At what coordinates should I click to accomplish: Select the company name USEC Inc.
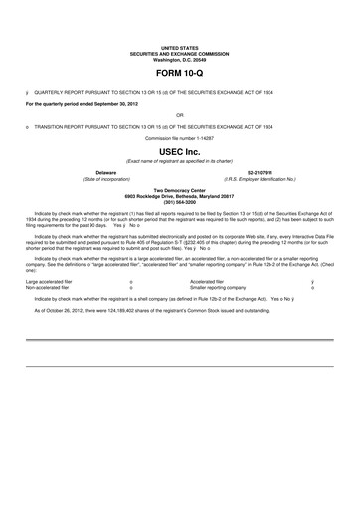point(180,151)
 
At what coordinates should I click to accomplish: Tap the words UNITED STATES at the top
point(180,47)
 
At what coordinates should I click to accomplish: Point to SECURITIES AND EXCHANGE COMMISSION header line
point(180,53)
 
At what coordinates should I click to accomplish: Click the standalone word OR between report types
point(180,115)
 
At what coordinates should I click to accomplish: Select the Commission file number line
point(180,138)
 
